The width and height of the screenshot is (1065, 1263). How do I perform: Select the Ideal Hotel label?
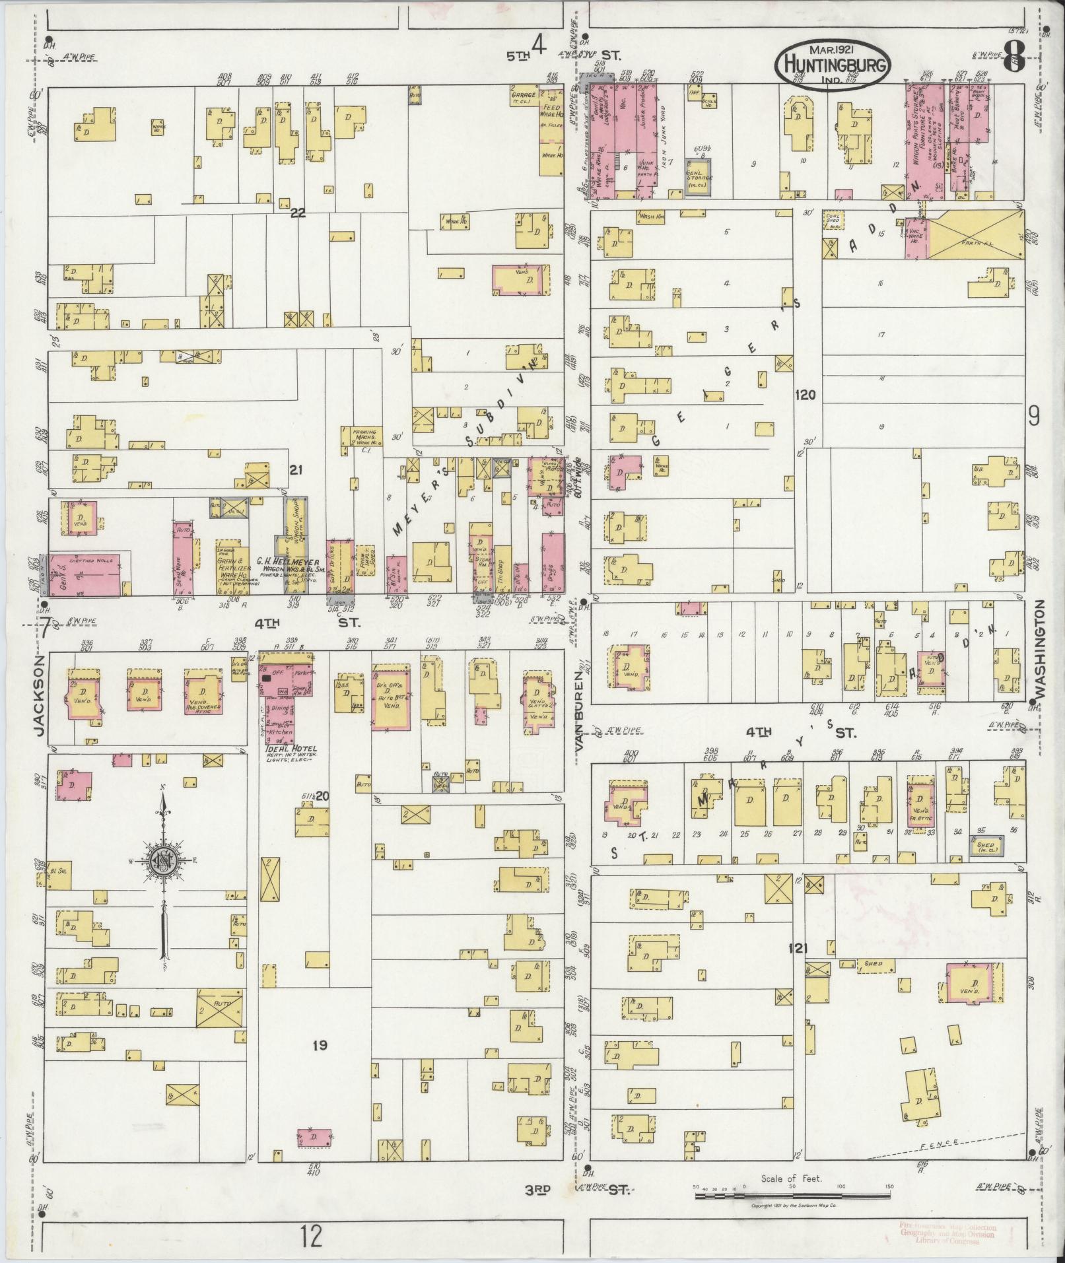(291, 749)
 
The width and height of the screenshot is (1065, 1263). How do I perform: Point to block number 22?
(298, 213)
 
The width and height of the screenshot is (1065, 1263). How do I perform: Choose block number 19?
(320, 1045)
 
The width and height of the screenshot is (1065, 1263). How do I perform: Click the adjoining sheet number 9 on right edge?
(1033, 417)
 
